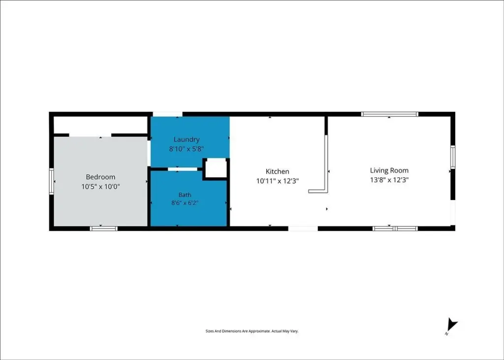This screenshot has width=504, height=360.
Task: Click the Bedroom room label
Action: (x=100, y=177)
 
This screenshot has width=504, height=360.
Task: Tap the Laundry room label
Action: (x=187, y=139)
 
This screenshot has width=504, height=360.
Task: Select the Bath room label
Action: (x=185, y=195)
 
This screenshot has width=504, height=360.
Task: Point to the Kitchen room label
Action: (x=278, y=171)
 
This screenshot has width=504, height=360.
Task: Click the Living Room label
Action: (x=389, y=170)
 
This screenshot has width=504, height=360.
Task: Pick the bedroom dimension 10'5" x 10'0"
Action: (x=100, y=186)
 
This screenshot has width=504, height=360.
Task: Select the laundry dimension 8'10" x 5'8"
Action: (x=187, y=149)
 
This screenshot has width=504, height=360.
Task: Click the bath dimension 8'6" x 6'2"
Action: (x=185, y=203)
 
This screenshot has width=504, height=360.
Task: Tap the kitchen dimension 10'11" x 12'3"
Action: (x=278, y=181)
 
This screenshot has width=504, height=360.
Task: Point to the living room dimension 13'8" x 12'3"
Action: (x=389, y=180)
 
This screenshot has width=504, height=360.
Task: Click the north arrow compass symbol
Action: (x=452, y=325)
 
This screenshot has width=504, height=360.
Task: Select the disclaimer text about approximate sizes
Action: (x=252, y=331)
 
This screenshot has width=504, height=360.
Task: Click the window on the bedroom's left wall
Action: (x=51, y=182)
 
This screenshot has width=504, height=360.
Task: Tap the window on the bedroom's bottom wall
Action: (x=103, y=229)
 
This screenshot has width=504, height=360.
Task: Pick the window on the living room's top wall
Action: (x=390, y=114)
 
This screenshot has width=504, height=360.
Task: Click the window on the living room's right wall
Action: (x=453, y=157)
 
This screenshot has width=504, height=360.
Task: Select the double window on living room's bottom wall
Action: (x=395, y=229)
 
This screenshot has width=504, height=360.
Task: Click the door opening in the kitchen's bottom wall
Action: (x=303, y=229)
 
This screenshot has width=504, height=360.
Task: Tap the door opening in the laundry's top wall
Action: (x=167, y=114)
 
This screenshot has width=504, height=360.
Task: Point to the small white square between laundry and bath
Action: (x=216, y=167)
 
